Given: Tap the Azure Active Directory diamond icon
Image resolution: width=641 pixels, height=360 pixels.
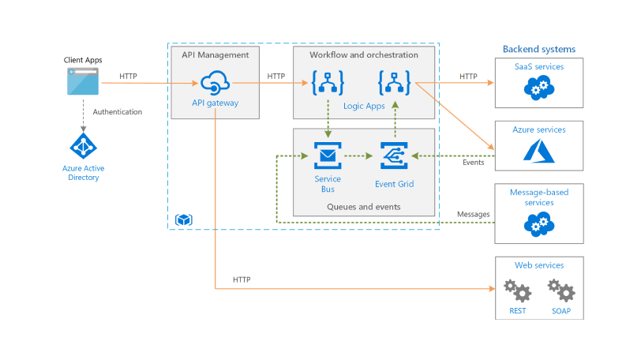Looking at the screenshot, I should pyautogui.click(x=83, y=146).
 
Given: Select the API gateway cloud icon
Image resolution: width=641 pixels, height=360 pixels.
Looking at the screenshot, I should pyautogui.click(x=215, y=82).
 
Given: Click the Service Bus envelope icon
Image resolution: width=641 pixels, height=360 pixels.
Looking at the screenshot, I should pyautogui.click(x=326, y=155).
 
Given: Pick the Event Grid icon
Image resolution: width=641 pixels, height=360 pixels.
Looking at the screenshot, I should pyautogui.click(x=393, y=155).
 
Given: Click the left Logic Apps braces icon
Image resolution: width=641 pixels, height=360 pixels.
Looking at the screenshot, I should pyautogui.click(x=326, y=83).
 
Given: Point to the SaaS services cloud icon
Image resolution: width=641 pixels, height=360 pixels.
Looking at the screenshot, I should pyautogui.click(x=538, y=88).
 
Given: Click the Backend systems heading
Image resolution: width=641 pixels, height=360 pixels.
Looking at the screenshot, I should pyautogui.click(x=539, y=49).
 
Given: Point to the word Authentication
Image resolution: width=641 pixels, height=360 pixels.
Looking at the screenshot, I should pyautogui.click(x=118, y=112).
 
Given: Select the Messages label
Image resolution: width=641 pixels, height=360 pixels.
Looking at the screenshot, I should pyautogui.click(x=474, y=214).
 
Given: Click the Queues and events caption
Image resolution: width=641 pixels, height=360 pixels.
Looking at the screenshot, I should pyautogui.click(x=363, y=207).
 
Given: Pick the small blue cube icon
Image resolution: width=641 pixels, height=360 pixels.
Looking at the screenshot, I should pyautogui.click(x=184, y=219).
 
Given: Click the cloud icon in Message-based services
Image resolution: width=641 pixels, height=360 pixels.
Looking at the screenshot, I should pyautogui.click(x=538, y=225).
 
